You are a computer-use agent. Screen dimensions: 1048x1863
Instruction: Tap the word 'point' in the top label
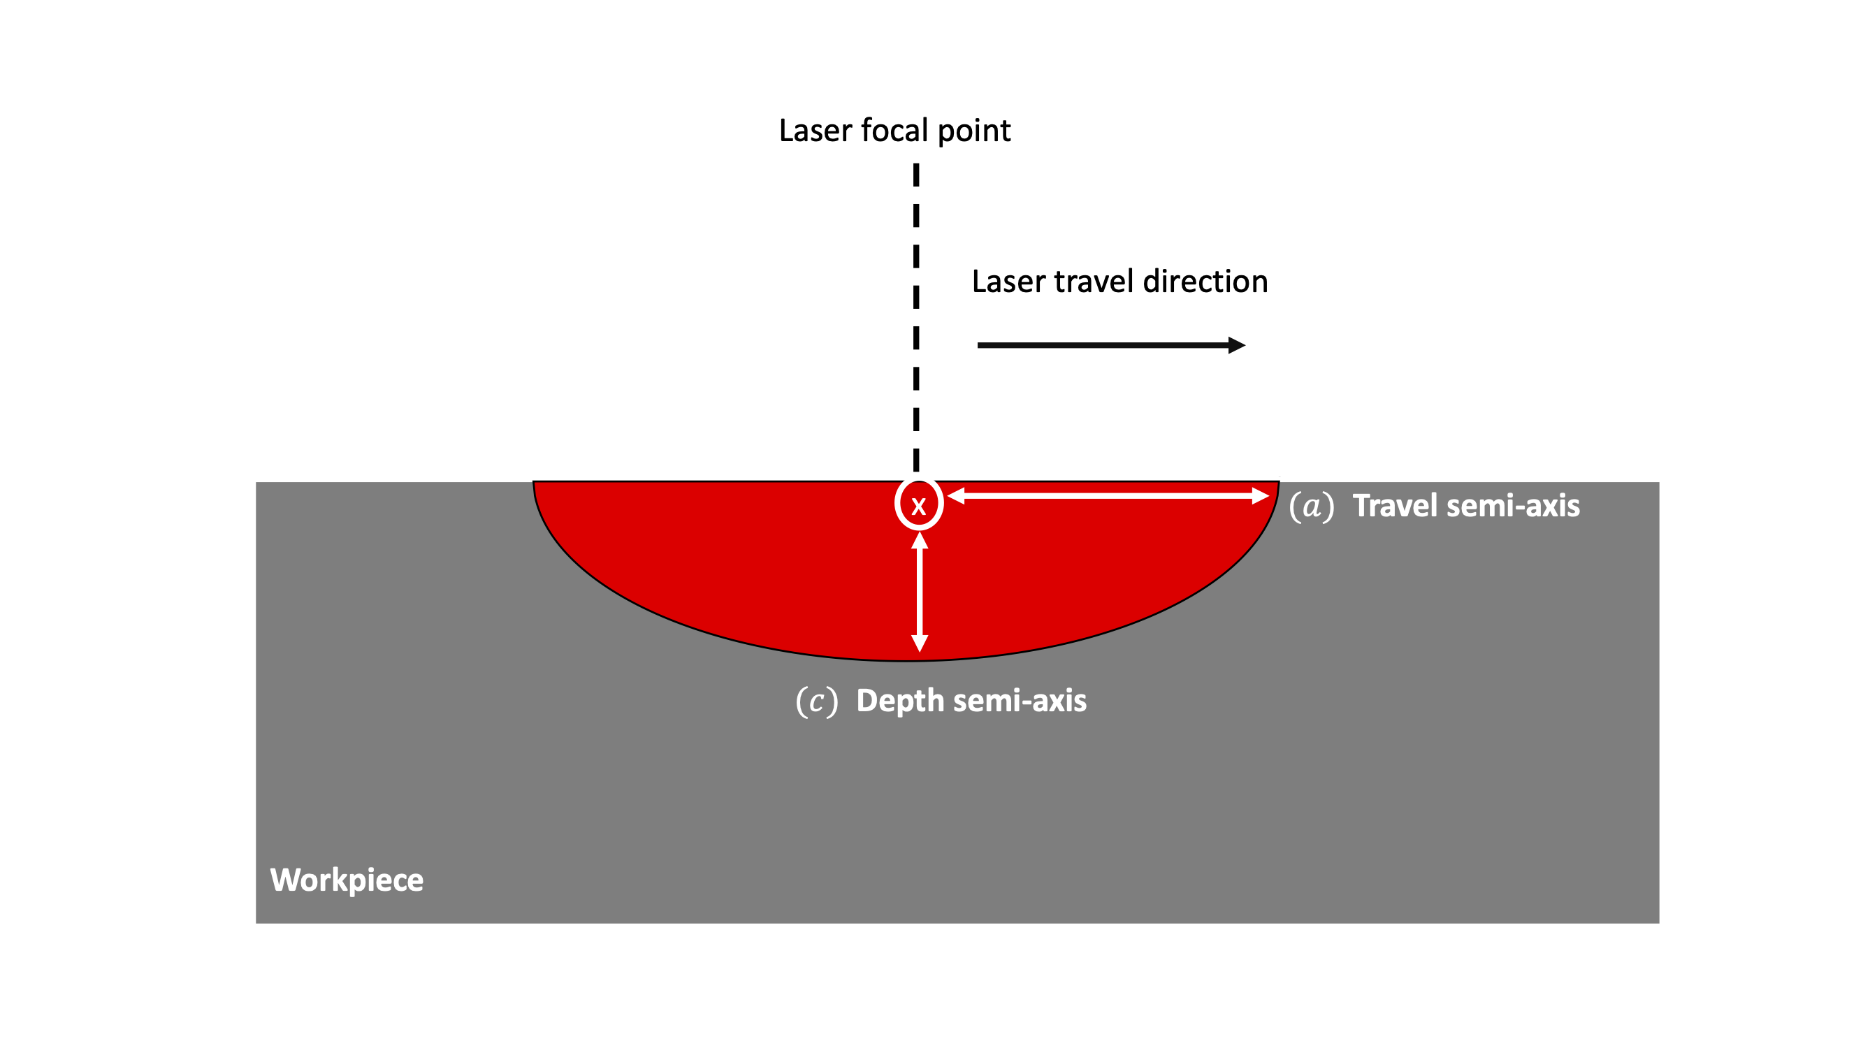(973, 131)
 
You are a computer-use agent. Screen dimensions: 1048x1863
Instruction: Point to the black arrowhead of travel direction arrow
(1237, 345)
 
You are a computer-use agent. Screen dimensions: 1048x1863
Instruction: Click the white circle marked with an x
(918, 504)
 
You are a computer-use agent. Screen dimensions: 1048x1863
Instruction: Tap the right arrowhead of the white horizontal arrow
(1260, 495)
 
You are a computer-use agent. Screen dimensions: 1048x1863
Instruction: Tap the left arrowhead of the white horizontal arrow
(956, 495)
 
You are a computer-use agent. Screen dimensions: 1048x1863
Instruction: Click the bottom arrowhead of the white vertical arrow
(919, 643)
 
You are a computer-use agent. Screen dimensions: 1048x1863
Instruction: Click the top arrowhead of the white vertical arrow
(919, 541)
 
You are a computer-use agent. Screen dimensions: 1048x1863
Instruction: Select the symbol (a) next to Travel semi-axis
(1311, 506)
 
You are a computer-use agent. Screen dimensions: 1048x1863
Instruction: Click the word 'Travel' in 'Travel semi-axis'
(1395, 506)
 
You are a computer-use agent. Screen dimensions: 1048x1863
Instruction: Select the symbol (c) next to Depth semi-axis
(816, 701)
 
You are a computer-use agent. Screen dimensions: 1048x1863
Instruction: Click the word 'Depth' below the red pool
(899, 701)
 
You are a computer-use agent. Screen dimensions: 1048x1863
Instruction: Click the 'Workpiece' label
(347, 880)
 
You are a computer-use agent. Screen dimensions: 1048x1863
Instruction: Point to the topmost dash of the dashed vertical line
(916, 175)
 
